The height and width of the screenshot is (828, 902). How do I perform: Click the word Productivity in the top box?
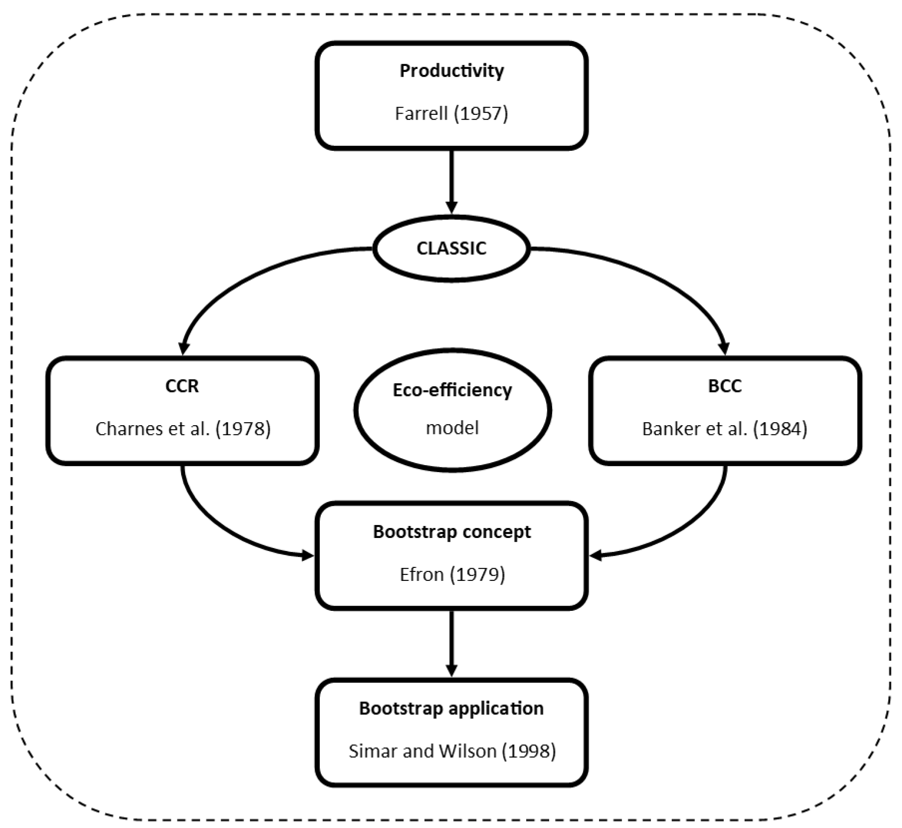[x=451, y=71]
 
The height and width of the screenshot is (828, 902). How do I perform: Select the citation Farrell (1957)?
[x=451, y=113]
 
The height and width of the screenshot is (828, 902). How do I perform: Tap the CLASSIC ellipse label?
[x=451, y=248]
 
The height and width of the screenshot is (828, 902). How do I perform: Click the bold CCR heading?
[x=182, y=386]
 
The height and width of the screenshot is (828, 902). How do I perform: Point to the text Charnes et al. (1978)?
[x=183, y=429]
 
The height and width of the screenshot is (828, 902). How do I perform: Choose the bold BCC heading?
[x=725, y=386]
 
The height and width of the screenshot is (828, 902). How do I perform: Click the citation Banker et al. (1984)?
[x=725, y=429]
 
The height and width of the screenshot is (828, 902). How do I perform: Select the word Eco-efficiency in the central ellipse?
[x=452, y=390]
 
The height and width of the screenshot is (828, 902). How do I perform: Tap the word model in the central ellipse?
[x=452, y=428]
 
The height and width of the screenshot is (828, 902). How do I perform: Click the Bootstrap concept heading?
[x=452, y=532]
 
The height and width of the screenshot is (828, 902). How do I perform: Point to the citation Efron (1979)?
[x=452, y=574]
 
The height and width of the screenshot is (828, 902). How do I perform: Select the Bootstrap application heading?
[x=451, y=708]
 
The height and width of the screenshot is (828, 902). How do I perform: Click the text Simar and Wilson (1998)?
[x=452, y=751]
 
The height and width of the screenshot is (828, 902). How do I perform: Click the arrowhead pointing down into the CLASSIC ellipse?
[x=452, y=208]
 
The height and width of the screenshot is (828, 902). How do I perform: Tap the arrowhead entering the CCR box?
[x=184, y=348]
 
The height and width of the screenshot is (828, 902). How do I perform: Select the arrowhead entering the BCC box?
[x=724, y=348]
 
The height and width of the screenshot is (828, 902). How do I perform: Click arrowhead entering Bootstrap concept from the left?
[x=307, y=556]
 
